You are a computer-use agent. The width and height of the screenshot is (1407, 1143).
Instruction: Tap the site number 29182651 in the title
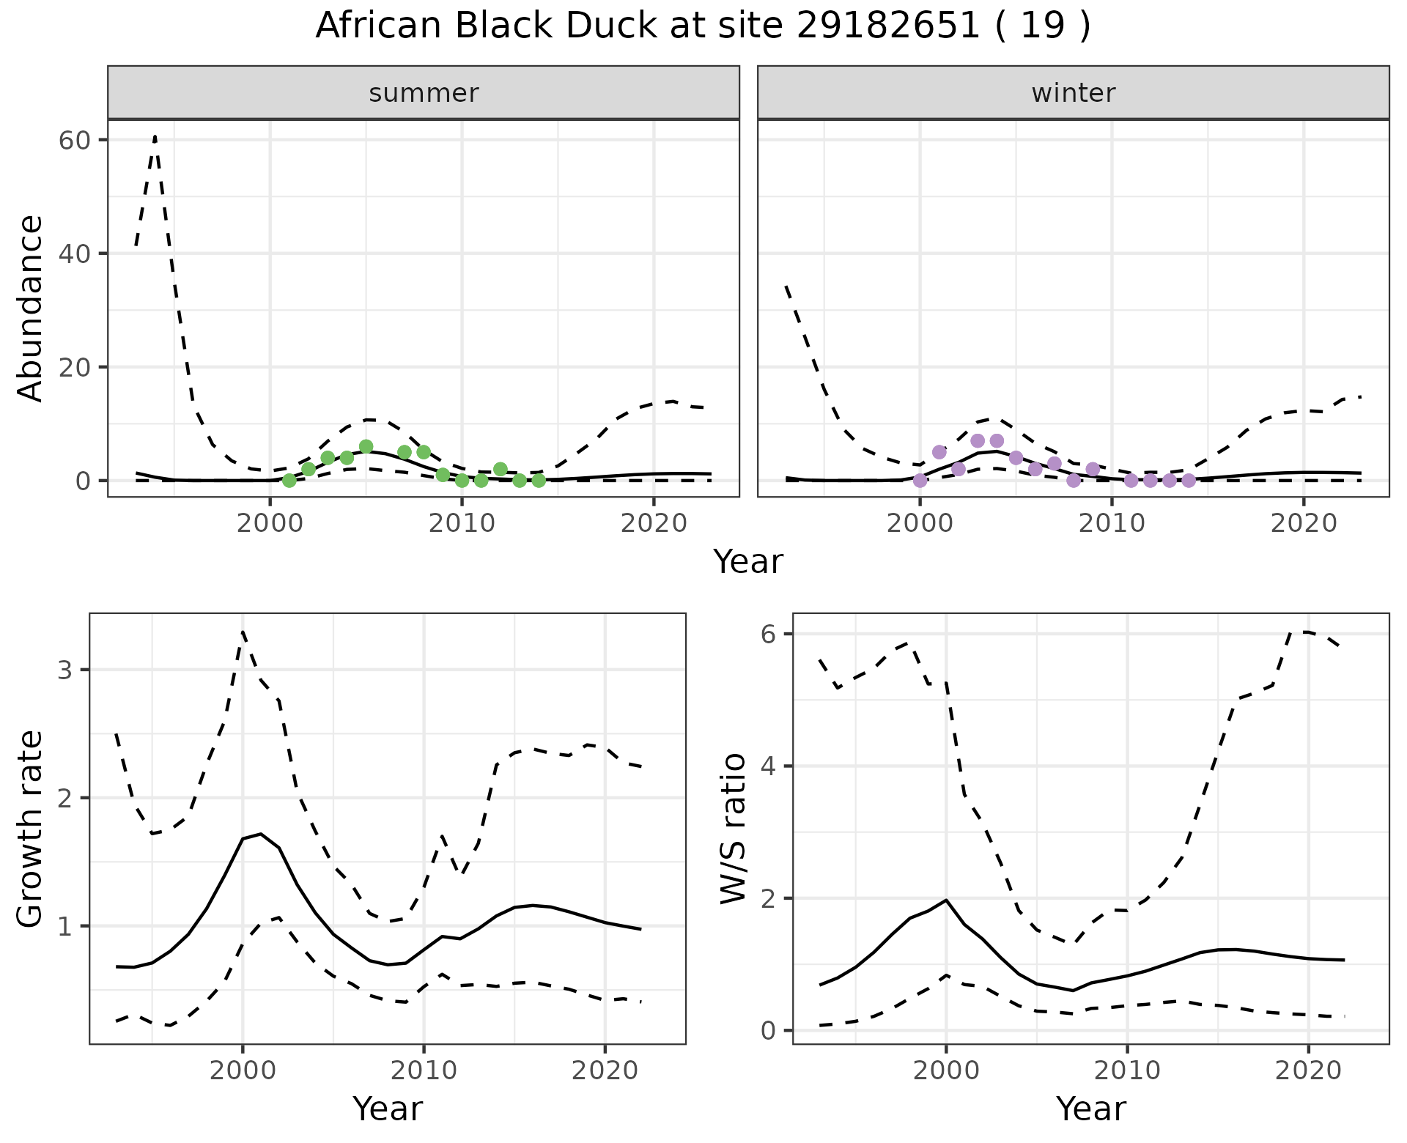[x=887, y=26]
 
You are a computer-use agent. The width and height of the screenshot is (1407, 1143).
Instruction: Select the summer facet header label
[x=424, y=93]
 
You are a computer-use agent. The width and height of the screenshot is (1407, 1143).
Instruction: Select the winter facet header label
[x=1073, y=93]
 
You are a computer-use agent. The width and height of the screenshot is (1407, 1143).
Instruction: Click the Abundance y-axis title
[x=31, y=308]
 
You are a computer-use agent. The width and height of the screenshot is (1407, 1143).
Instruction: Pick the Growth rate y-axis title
[x=31, y=829]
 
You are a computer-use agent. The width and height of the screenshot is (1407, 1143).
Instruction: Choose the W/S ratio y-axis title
[x=734, y=829]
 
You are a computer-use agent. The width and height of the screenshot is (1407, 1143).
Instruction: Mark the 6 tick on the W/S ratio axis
[x=768, y=634]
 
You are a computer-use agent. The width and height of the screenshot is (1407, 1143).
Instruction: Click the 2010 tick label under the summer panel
[x=462, y=524]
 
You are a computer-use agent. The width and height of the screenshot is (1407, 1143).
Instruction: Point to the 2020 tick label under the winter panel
[x=1304, y=524]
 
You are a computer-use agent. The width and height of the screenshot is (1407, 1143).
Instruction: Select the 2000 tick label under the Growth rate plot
[x=243, y=1070]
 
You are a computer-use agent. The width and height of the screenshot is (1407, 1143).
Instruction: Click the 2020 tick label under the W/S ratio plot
[x=1308, y=1070]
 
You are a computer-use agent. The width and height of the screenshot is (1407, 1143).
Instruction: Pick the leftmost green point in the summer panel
[x=289, y=481]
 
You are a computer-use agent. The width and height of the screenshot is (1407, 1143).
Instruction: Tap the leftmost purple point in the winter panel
[x=920, y=481]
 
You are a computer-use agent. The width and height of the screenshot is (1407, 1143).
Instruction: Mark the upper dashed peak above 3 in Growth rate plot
[x=243, y=631]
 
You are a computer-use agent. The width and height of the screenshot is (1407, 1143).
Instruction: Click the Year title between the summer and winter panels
[x=748, y=562]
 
